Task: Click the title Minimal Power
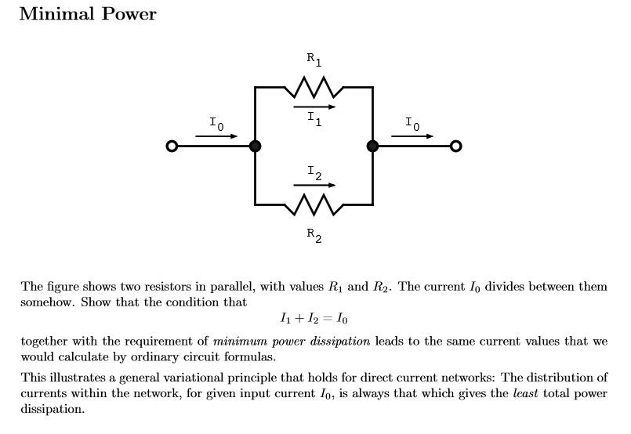(87, 14)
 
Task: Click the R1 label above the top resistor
(314, 59)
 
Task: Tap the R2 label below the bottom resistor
(314, 234)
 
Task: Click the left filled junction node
(255, 146)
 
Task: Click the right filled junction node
(372, 146)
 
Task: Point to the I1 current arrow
(314, 107)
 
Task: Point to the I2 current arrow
(314, 185)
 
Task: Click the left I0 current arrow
(216, 136)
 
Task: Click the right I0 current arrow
(412, 136)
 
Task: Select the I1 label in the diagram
(314, 118)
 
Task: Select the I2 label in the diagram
(314, 172)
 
